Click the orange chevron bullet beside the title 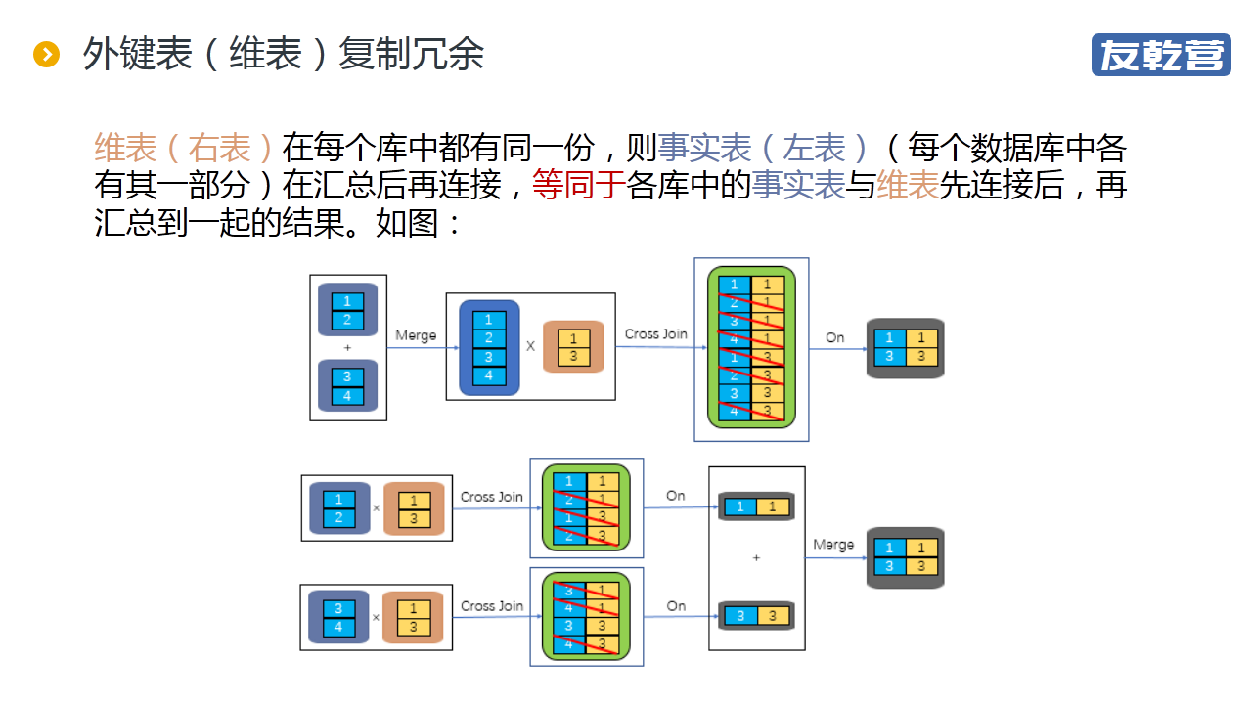pos(46,55)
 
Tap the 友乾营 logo pos(1161,55)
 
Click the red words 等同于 pos(578,185)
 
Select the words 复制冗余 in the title pos(411,55)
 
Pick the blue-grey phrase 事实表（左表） pos(763,149)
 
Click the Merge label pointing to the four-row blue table pos(416,335)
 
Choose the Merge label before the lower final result pos(833,545)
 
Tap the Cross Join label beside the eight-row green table pos(655,334)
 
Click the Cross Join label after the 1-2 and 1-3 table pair pos(491,497)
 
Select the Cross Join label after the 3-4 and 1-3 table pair pos(491,606)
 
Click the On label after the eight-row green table pos(834,337)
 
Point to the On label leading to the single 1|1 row pos(676,496)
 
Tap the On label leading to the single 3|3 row pos(676,606)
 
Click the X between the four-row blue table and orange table pos(531,346)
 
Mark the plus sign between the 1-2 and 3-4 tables pos(347,348)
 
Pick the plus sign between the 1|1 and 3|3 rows pos(756,557)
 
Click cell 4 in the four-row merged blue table pos(489,376)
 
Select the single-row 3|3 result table pos(756,616)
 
